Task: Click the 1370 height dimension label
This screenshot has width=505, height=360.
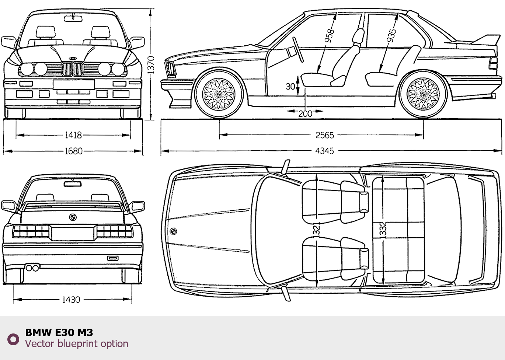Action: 151,64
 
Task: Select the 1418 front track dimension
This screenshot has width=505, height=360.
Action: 73,135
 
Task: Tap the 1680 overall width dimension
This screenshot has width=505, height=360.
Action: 73,151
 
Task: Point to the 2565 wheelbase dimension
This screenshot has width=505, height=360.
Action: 324,135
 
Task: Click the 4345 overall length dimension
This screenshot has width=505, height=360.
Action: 324,150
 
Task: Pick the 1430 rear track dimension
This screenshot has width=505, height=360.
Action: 71,300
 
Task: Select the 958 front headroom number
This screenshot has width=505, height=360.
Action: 329,35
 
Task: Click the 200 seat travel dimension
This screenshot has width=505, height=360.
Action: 305,113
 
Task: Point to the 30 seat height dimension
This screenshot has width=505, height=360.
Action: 290,86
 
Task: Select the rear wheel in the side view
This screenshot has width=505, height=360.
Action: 423,94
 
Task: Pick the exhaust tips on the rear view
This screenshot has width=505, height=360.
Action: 32,268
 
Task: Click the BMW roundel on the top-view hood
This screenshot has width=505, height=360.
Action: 173,231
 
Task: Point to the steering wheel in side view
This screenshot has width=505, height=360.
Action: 298,49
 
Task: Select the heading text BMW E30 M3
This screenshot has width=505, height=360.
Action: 59,332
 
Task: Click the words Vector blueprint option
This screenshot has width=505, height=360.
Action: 77,344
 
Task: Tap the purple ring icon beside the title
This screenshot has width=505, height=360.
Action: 13,339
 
